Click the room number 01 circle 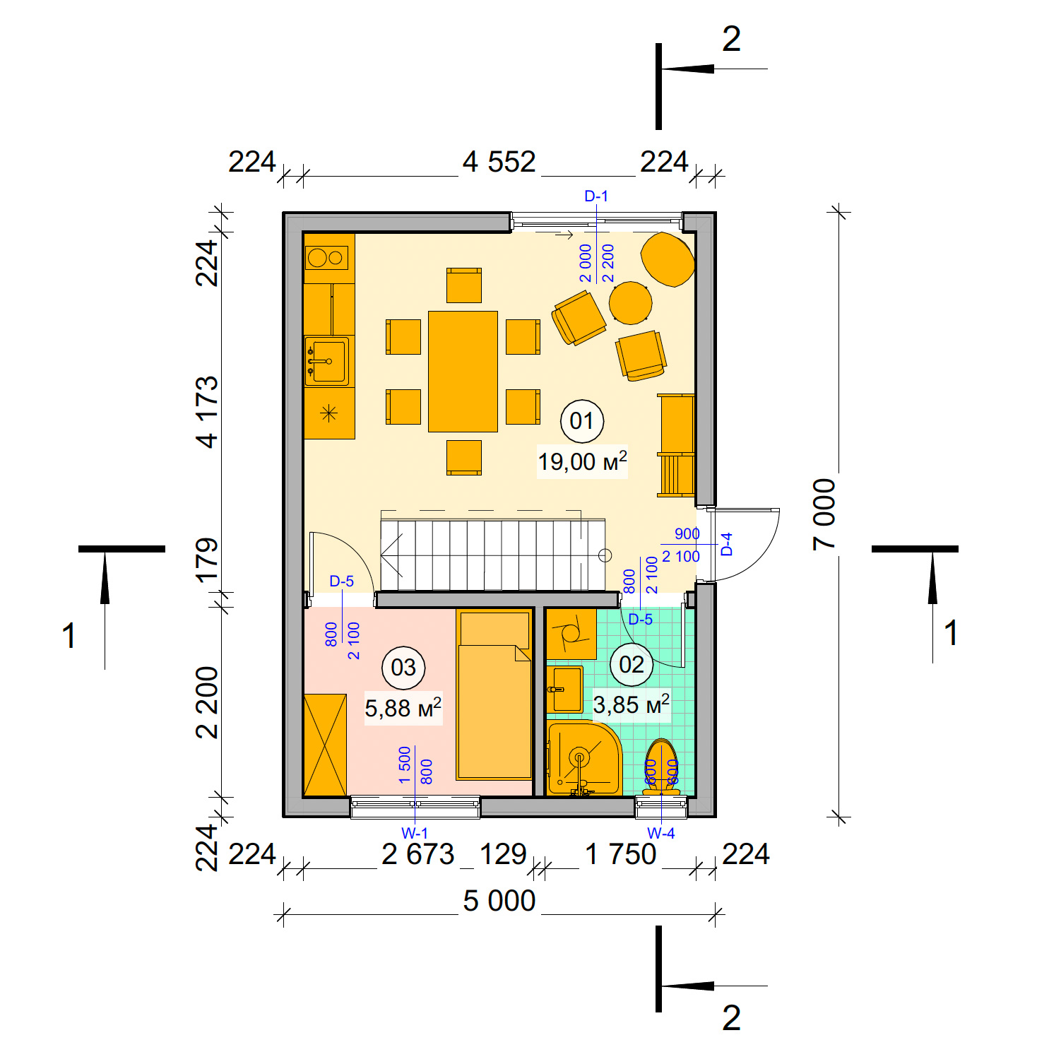click(x=581, y=421)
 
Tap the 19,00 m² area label click(x=582, y=462)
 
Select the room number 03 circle click(x=403, y=667)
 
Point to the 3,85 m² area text click(x=631, y=704)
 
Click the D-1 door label click(x=596, y=196)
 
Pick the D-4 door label click(x=727, y=544)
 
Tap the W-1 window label click(x=415, y=834)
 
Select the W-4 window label click(x=661, y=834)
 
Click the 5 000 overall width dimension click(x=499, y=901)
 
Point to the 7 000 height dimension click(x=824, y=514)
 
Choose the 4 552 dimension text click(x=499, y=162)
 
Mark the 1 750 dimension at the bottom click(x=621, y=855)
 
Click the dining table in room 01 click(x=463, y=371)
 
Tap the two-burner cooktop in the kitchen click(x=327, y=258)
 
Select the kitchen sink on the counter click(x=326, y=361)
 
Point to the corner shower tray click(x=583, y=758)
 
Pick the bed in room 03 click(x=494, y=696)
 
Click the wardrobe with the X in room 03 click(x=325, y=745)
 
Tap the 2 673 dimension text click(x=418, y=855)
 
